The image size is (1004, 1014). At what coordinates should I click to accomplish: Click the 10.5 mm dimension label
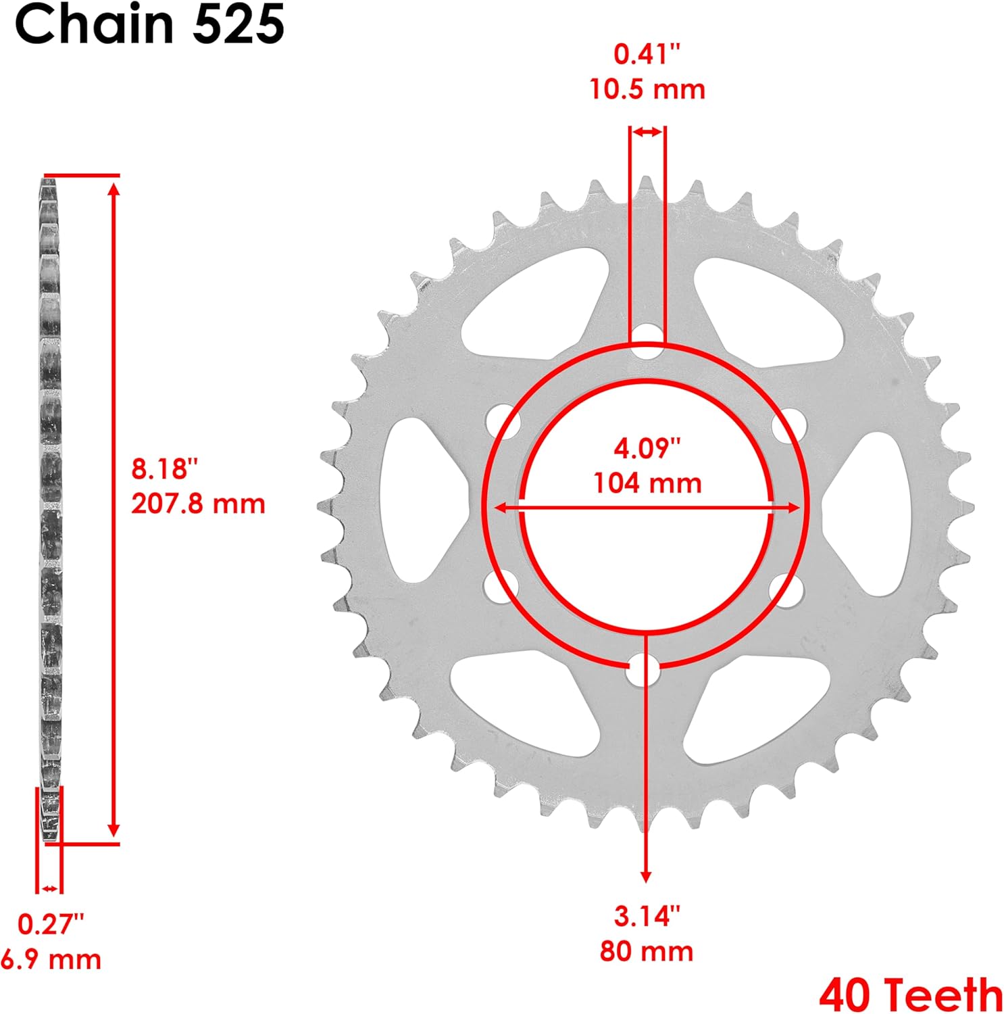click(647, 89)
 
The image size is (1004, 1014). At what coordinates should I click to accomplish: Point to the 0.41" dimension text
click(647, 54)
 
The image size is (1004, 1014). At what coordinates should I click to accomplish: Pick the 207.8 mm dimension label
click(198, 504)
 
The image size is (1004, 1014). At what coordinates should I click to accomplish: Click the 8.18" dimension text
click(165, 468)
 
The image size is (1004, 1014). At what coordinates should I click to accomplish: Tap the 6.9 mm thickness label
click(51, 959)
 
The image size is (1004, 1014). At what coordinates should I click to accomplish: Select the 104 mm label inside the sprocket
click(647, 483)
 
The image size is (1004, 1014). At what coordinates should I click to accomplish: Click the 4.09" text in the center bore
click(647, 448)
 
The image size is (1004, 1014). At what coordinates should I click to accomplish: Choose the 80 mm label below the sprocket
click(647, 951)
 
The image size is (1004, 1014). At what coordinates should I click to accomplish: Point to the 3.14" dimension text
click(647, 916)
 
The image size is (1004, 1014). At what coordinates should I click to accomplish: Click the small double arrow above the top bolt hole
click(647, 132)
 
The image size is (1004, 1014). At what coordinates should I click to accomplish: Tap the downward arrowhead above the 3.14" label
click(646, 876)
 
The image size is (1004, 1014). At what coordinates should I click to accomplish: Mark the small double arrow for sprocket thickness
click(49, 888)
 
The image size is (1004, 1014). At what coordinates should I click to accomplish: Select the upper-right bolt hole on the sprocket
click(788, 424)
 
